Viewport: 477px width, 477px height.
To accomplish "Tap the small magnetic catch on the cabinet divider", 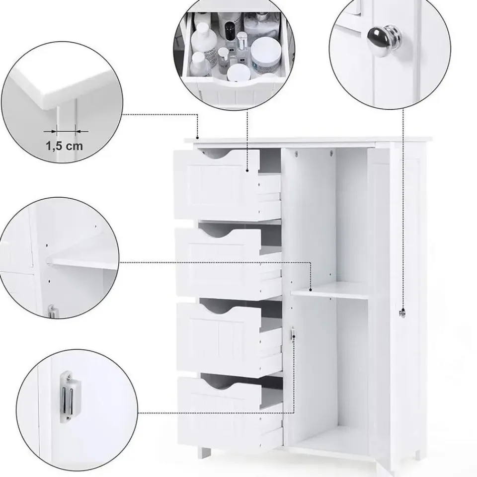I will point(293,334).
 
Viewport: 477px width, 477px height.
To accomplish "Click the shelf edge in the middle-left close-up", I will point(79,262).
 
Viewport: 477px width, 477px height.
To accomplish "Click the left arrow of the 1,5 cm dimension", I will point(50,131).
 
